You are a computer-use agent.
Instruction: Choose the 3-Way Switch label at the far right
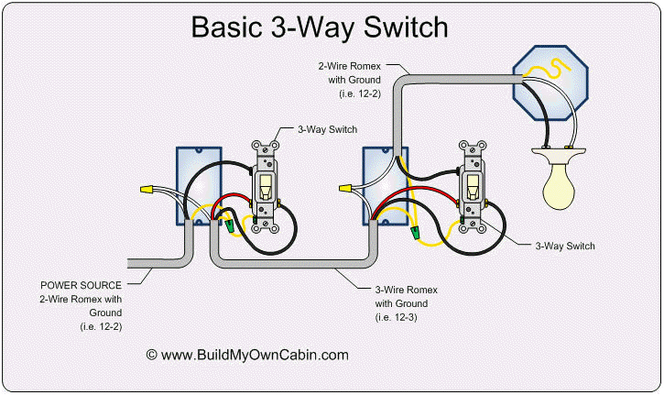[565, 246]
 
